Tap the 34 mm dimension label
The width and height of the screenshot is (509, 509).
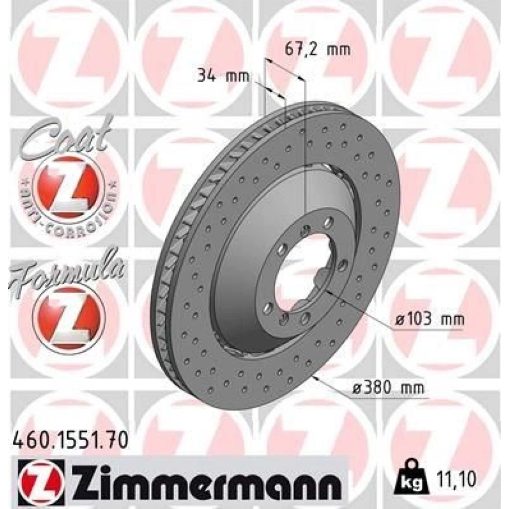pos(223,75)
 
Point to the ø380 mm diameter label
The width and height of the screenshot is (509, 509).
pos(387,389)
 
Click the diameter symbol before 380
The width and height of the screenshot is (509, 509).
pos(356,389)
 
